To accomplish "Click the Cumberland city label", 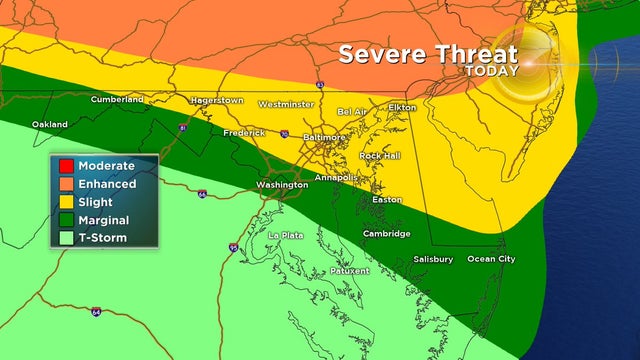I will [117, 99].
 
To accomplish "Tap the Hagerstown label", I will [218, 101].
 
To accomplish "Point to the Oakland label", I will [50, 124].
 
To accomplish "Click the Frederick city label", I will [244, 132].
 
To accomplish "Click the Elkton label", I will [402, 107].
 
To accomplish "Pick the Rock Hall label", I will [381, 156].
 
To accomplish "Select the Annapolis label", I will [335, 177].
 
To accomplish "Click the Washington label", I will [282, 185].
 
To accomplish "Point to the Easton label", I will [387, 200].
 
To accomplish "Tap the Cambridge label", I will [386, 234].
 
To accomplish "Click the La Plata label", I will [286, 235].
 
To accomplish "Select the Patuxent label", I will [349, 270].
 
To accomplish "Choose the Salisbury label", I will [433, 259].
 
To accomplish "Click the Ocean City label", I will [492, 259].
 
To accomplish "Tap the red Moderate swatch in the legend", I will [66, 165].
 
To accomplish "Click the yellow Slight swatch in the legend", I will [66, 201].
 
